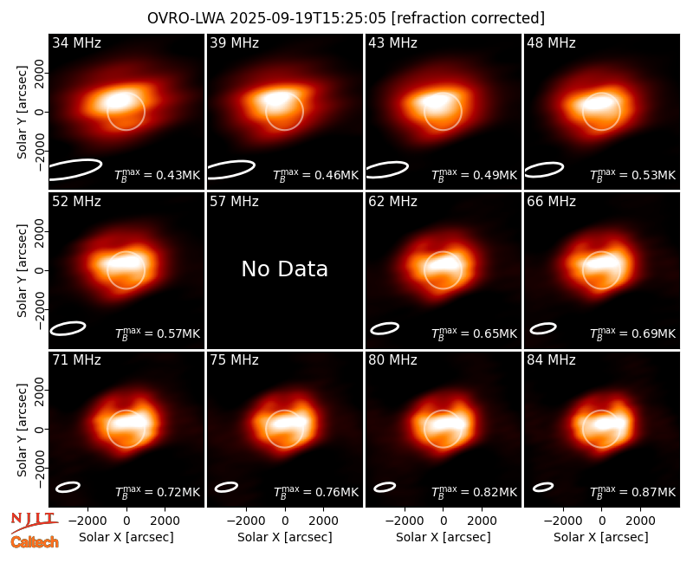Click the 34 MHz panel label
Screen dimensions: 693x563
coord(76,42)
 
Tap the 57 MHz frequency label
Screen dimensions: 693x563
coord(234,202)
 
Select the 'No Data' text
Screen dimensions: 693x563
coord(285,269)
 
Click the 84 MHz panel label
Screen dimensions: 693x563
coord(551,360)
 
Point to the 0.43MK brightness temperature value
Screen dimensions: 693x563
coord(158,175)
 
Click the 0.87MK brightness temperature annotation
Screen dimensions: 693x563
coord(633,492)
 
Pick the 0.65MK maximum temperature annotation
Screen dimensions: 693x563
coord(474,333)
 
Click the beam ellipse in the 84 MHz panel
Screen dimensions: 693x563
coord(543,487)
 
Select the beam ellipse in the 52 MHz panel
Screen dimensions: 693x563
coord(68,328)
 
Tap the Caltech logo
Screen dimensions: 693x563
coord(35,542)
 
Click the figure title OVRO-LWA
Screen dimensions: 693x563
coord(186,18)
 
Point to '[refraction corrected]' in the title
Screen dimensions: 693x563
coord(468,18)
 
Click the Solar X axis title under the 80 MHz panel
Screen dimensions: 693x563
coord(444,537)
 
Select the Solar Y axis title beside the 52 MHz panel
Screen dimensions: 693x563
coord(22,270)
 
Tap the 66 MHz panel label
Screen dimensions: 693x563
coord(551,202)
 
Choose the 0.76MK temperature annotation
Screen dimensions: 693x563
coord(316,492)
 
